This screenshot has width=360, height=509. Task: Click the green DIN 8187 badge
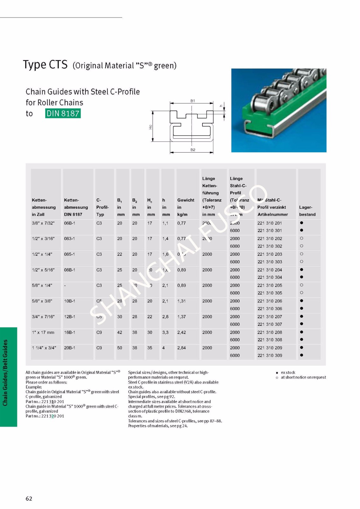tap(63, 113)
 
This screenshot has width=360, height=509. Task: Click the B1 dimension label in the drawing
tap(193, 101)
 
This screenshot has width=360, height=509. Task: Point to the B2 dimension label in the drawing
tap(193, 150)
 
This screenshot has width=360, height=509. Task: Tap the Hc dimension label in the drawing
tap(151, 127)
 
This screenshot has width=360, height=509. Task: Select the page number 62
tap(29, 499)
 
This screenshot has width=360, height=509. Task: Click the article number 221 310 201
tap(270, 223)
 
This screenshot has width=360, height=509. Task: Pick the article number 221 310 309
tap(270, 356)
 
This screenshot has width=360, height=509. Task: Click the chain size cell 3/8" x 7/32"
tap(43, 223)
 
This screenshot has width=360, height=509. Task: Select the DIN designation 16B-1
tap(70, 332)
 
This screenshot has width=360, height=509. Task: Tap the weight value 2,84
tap(181, 348)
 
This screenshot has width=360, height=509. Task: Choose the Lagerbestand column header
tap(307, 211)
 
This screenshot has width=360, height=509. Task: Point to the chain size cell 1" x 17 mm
tap(43, 332)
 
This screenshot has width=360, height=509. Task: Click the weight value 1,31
tap(181, 301)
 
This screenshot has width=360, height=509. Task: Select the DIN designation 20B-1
tap(70, 348)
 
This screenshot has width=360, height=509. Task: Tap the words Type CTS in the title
tap(45, 65)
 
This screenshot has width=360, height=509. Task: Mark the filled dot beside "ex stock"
tap(277, 373)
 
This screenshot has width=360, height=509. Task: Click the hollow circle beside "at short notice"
tap(277, 378)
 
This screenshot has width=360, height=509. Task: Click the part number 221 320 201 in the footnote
tap(53, 416)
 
